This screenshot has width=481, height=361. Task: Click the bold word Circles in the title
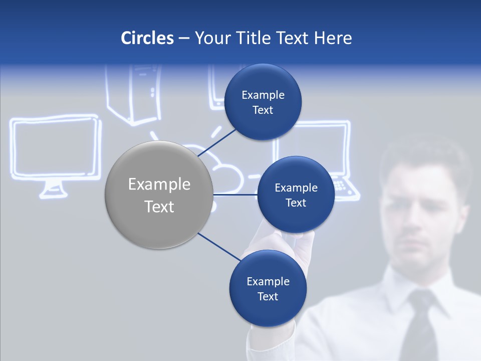[x=147, y=38]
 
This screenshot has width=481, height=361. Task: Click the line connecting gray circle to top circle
[x=217, y=142]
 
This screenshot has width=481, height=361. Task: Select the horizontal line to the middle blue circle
[x=235, y=195]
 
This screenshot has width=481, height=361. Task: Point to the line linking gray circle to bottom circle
[x=218, y=247]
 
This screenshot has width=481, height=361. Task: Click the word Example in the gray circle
[x=159, y=185]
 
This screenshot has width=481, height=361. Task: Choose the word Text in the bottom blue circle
[x=268, y=297]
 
